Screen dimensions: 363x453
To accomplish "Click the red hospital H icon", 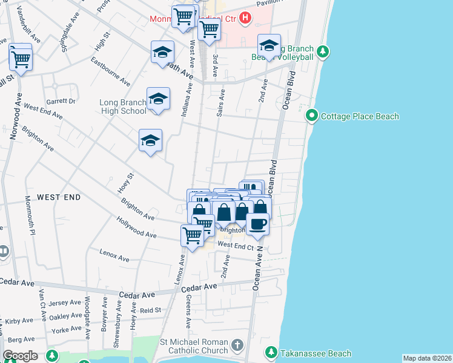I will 245,18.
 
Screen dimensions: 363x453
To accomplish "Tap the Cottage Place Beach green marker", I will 312,115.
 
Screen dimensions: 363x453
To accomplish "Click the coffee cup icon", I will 257,224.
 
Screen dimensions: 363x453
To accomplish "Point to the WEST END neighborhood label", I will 59,198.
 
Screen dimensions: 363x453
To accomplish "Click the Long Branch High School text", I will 123,106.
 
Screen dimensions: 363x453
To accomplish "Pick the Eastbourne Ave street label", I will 110,71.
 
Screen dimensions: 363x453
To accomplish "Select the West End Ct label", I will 236,245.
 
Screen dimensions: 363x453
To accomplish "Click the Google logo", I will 20,356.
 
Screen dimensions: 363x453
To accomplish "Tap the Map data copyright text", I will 427,358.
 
